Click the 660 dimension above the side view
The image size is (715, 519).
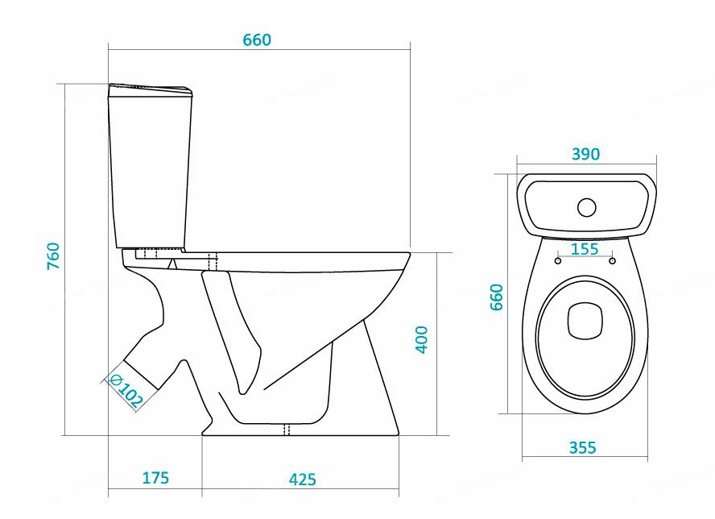pos(257,39)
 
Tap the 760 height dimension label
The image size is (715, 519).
pos(53,255)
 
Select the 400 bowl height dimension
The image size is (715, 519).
pos(421,339)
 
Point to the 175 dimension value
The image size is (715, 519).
pos(155,477)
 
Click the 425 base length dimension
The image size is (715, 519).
pos(302,480)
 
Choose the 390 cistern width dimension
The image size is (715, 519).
pos(586,154)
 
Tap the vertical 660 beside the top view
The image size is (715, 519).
pos(496,297)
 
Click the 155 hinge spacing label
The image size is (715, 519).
pos(585,249)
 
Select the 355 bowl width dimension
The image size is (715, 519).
pos(583,448)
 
